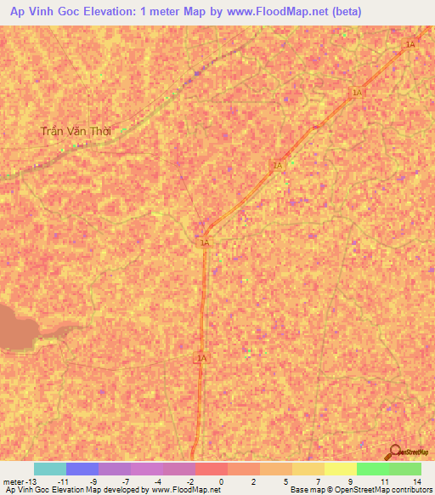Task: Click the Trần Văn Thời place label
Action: click(x=76, y=132)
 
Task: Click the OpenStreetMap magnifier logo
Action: click(x=395, y=452)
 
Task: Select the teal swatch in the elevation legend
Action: click(x=50, y=469)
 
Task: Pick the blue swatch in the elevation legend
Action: click(x=82, y=469)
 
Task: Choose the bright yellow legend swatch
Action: click(x=340, y=469)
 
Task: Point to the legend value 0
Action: click(x=221, y=481)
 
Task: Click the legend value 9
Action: click(x=350, y=481)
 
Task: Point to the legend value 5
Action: click(x=285, y=481)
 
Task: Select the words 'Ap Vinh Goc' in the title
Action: click(x=39, y=12)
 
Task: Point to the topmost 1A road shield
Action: click(x=410, y=44)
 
